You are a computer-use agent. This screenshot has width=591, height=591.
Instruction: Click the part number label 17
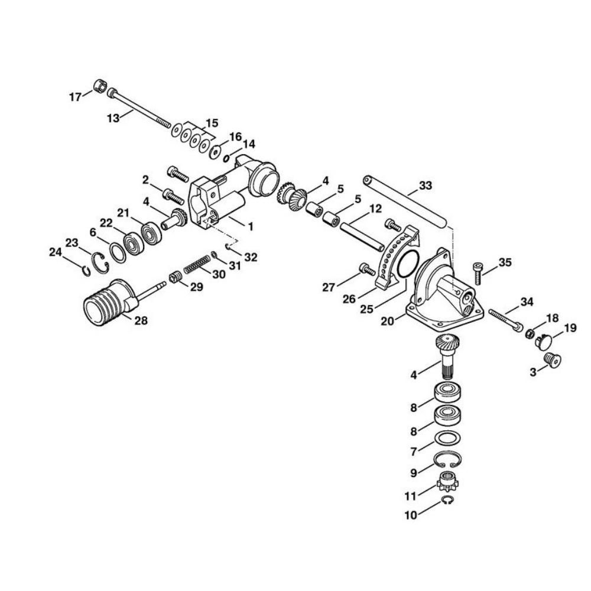click(x=75, y=98)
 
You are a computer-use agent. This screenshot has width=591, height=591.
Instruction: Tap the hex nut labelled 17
click(x=99, y=86)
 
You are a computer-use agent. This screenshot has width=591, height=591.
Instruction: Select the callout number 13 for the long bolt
click(x=113, y=118)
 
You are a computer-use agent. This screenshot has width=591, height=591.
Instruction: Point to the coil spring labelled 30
click(x=197, y=264)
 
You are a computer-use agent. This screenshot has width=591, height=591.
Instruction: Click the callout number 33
click(x=426, y=186)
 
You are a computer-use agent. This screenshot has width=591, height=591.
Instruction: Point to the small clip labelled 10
click(x=447, y=501)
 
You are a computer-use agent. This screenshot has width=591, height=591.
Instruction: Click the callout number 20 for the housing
click(x=388, y=321)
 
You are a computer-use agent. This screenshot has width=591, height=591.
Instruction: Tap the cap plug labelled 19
click(x=544, y=341)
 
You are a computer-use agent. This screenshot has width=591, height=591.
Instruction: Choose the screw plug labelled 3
click(x=552, y=359)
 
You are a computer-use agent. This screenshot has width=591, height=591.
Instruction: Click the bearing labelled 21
click(x=152, y=233)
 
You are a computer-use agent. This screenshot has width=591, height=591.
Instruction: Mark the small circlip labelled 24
click(x=86, y=271)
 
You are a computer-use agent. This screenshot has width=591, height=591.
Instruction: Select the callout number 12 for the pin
click(x=375, y=209)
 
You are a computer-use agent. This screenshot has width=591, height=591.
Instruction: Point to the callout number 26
click(x=349, y=299)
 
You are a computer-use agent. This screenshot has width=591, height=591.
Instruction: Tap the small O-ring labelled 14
click(x=226, y=158)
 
